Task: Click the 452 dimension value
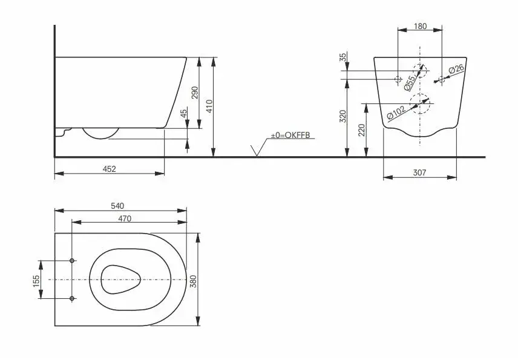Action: click(x=110, y=169)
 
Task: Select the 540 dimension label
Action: click(x=117, y=206)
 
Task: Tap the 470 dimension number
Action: click(x=125, y=218)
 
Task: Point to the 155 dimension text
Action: click(x=36, y=281)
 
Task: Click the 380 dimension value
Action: click(x=194, y=281)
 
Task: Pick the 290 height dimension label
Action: click(x=195, y=93)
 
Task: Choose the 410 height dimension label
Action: click(x=210, y=106)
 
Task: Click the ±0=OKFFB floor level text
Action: click(x=290, y=135)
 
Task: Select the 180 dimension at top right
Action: click(x=420, y=26)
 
